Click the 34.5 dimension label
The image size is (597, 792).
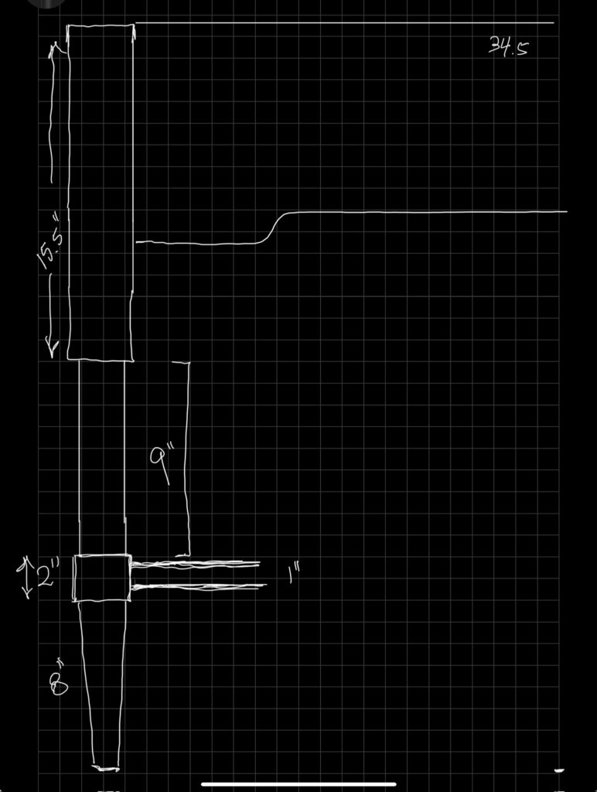coord(509,48)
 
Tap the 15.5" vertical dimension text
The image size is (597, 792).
coord(53,246)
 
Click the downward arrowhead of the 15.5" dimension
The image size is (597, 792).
coord(53,348)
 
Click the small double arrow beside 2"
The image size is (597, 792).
coord(26,578)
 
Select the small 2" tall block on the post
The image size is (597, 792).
coord(101,578)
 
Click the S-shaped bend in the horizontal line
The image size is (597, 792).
coord(276,227)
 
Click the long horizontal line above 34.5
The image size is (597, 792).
coord(344,23)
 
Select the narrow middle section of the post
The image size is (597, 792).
coord(101,456)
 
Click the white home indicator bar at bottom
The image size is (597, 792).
coord(298,783)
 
